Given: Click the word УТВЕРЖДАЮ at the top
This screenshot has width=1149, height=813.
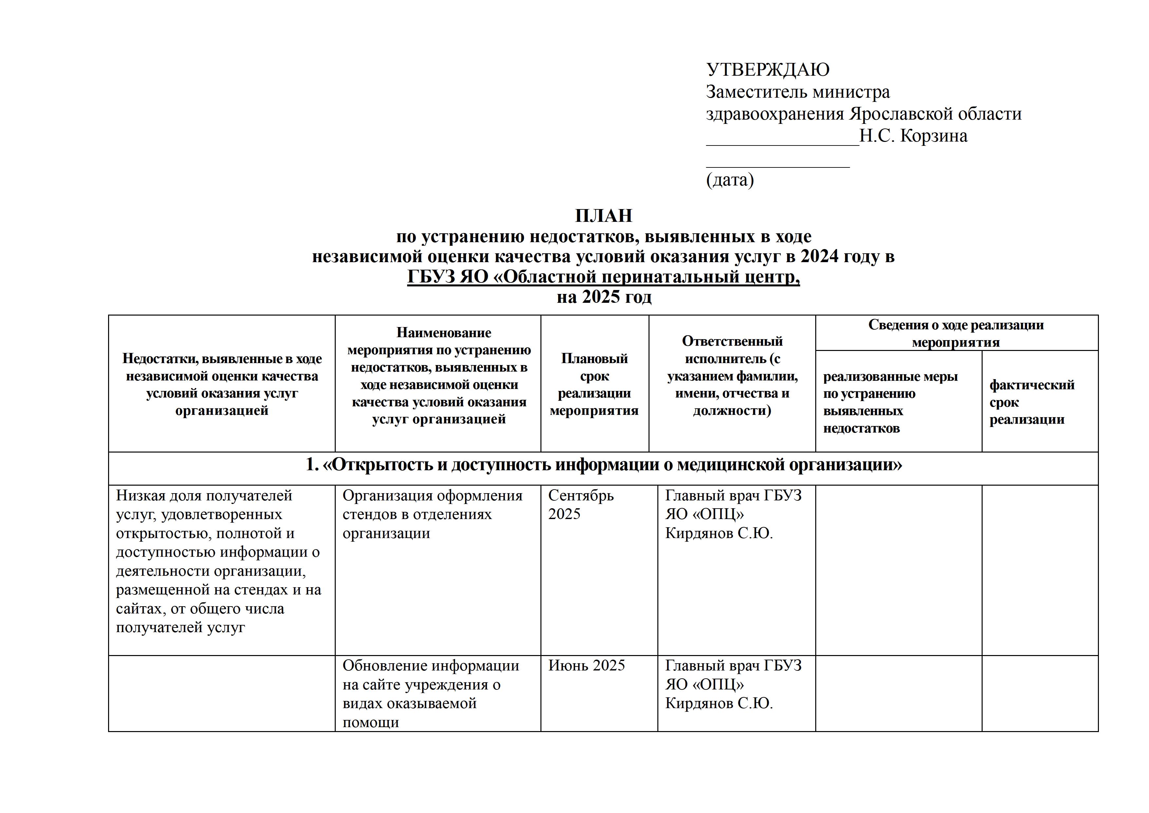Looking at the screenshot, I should click(x=767, y=69).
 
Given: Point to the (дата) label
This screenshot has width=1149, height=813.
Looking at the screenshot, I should click(x=730, y=180).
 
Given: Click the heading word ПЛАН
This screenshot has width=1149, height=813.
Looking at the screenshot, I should click(x=604, y=216).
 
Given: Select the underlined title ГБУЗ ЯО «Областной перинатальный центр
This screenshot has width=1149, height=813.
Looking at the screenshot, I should click(x=603, y=277).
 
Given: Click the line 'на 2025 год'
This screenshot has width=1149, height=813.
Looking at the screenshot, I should click(x=604, y=297).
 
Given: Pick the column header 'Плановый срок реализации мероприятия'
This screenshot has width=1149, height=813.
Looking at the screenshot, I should click(x=594, y=384).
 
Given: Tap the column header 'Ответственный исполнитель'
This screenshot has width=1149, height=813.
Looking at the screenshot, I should click(x=732, y=376).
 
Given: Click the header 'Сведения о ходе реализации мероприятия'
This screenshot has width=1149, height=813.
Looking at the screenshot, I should click(x=956, y=333).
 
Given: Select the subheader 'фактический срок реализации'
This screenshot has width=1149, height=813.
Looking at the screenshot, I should click(x=1031, y=402).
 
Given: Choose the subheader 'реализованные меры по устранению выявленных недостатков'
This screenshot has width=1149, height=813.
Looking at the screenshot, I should click(x=890, y=402).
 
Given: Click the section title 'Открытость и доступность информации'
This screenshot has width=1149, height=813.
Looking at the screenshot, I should click(x=604, y=465).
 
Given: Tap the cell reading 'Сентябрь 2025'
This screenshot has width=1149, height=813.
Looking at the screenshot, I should click(x=580, y=505).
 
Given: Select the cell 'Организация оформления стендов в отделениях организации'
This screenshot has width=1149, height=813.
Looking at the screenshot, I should click(x=432, y=514).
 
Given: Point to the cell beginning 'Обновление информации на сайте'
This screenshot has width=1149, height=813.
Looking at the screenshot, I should click(x=430, y=693).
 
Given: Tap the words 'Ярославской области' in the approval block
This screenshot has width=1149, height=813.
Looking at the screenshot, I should click(x=935, y=114).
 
